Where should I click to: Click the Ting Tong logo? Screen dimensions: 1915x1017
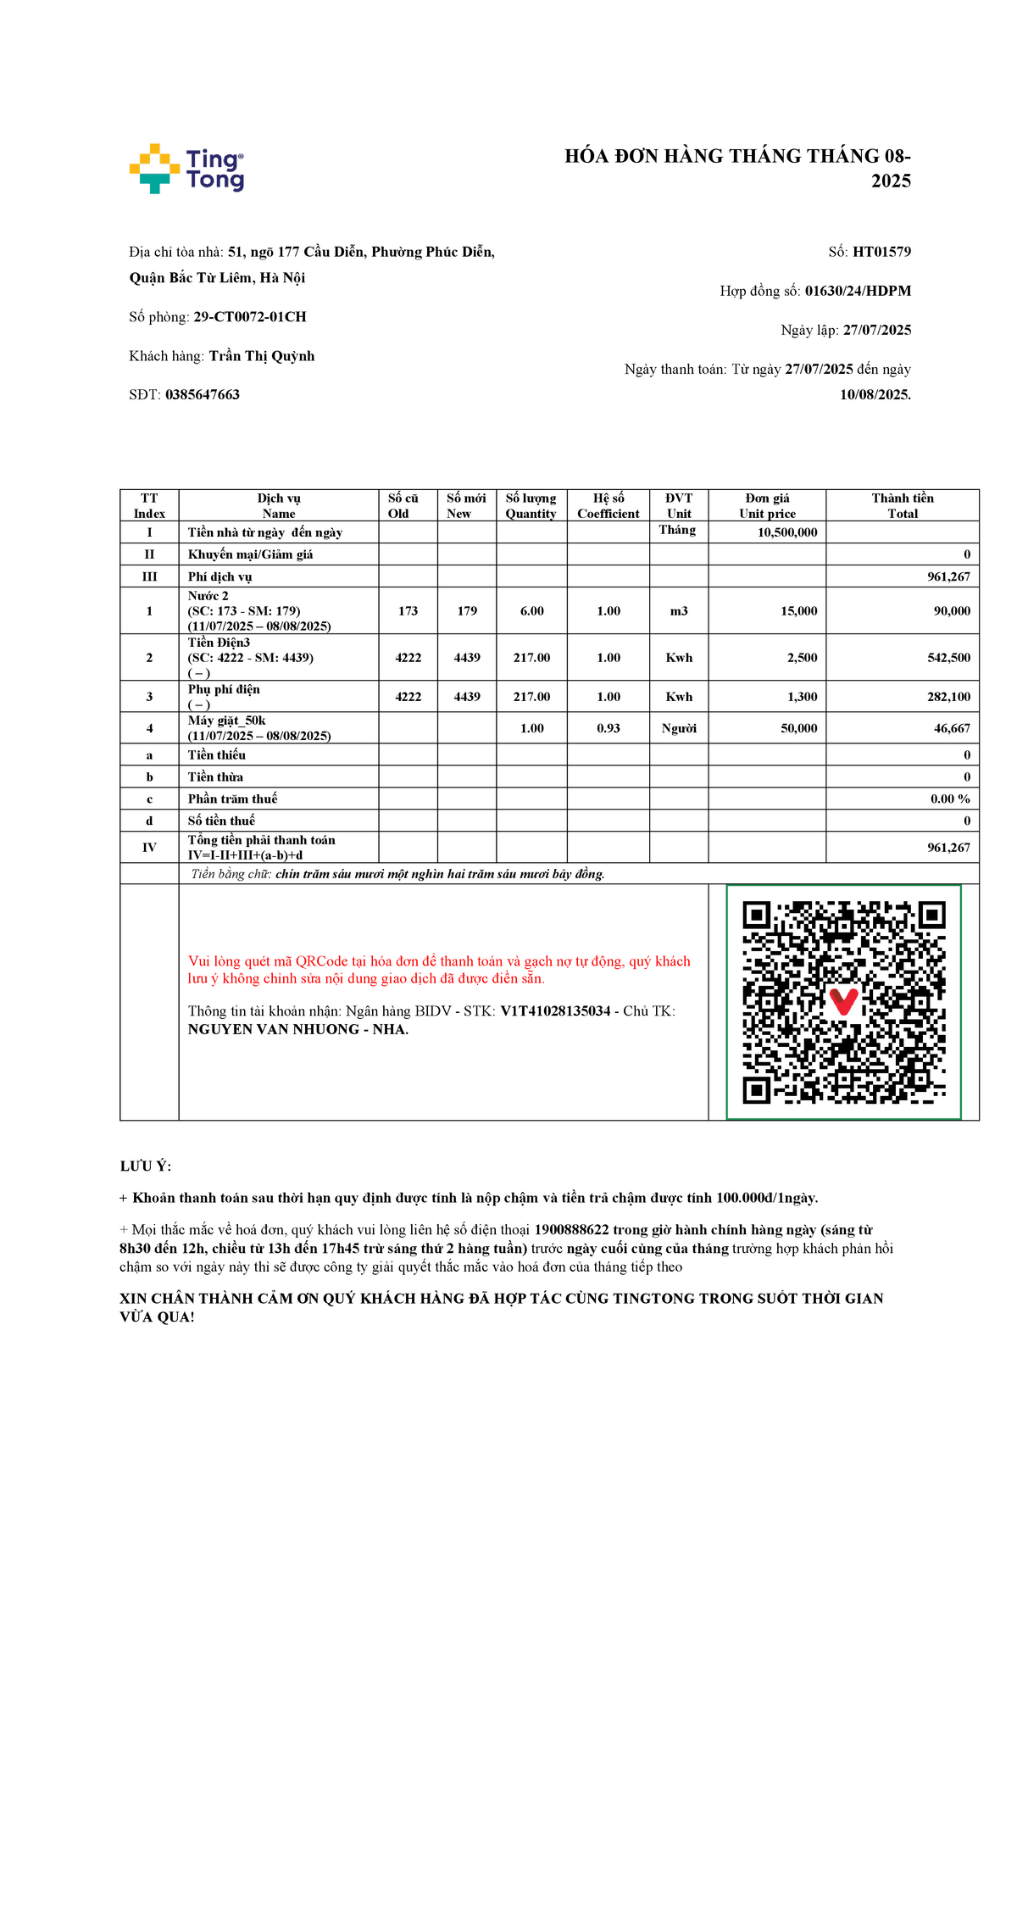coord(186,169)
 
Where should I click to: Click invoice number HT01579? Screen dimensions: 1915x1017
coord(881,252)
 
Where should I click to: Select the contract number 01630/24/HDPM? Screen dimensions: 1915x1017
coord(858,291)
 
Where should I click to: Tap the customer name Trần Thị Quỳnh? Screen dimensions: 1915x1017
coord(262,356)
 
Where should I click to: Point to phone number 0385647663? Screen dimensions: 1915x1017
coord(203,395)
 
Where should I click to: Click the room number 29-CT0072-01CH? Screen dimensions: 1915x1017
coord(250,317)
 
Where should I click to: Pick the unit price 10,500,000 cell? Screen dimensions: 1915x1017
coord(787,532)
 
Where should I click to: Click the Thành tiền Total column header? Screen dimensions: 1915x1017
coord(903,505)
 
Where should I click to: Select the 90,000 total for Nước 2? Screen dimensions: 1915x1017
coord(952,611)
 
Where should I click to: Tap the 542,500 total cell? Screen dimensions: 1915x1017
coord(948,658)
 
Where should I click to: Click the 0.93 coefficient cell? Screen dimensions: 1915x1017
coord(609,728)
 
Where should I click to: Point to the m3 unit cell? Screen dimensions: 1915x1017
coord(679,611)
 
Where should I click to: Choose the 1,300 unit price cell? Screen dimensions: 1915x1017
coord(802,697)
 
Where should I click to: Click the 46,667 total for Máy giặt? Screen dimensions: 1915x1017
coord(952,728)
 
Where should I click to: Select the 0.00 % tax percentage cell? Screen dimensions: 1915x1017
coord(950,799)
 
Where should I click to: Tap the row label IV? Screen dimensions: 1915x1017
coord(149,848)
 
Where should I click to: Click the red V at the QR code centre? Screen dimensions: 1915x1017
coord(843,1000)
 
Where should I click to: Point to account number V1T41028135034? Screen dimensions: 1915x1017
coord(555,1011)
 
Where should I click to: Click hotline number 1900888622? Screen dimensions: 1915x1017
coord(571,1230)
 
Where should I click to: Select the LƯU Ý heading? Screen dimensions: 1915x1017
coord(146,1166)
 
